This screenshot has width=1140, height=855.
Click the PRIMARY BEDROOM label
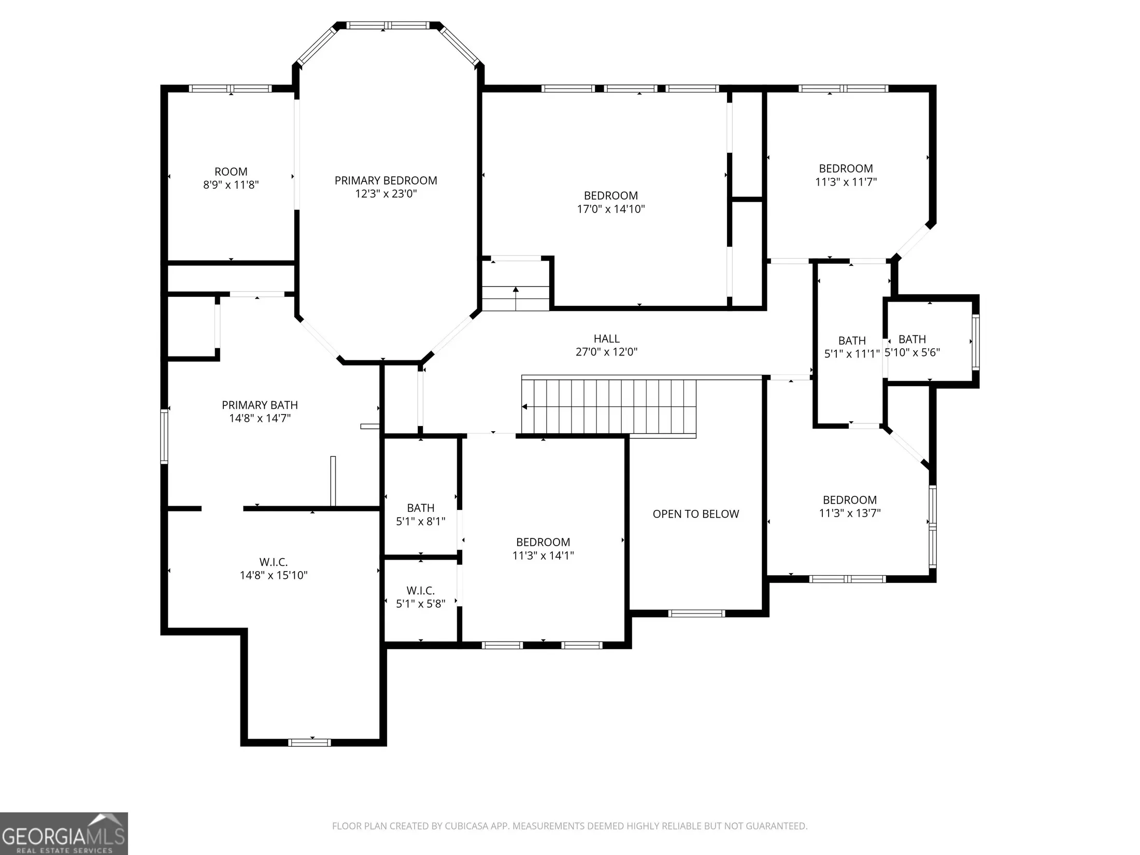point(386,180)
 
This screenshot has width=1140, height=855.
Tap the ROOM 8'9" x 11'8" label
point(231,178)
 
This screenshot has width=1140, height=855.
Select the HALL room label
point(606,338)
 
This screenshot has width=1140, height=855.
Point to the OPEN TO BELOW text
point(695,514)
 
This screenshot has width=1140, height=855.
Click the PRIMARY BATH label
point(260,405)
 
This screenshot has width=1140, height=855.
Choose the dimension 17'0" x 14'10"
point(610,209)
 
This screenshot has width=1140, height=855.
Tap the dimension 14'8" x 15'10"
point(274,575)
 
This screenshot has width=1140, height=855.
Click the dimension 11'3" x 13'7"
point(850,513)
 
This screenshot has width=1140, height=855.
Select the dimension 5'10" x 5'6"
point(912,352)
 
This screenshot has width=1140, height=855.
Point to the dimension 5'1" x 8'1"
point(421,521)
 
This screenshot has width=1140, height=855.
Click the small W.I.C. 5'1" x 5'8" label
point(421,597)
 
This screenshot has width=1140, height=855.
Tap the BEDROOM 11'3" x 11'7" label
point(846,175)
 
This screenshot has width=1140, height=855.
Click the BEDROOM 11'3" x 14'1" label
point(543,549)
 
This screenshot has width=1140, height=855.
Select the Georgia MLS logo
point(64,833)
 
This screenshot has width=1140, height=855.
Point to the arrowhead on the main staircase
point(524,407)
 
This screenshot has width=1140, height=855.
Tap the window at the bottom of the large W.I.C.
point(309,743)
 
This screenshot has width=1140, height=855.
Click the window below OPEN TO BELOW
point(696,614)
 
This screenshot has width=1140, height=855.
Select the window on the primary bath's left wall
point(164,436)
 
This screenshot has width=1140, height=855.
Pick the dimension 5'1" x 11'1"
point(852,354)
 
